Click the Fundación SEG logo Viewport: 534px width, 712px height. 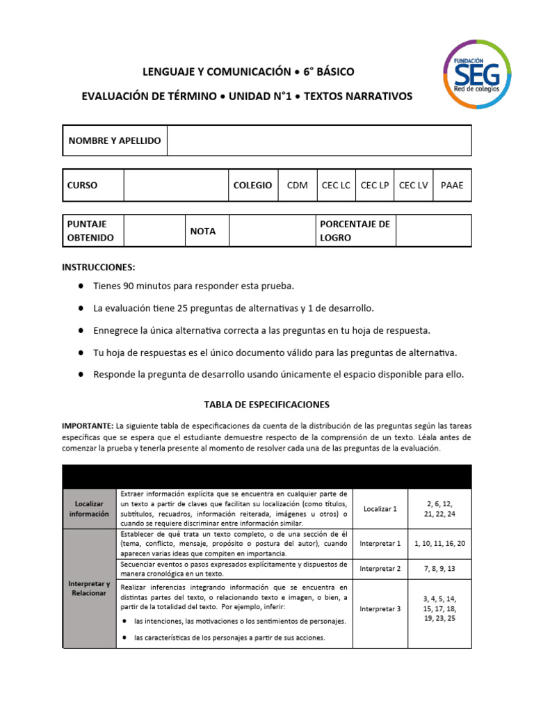pos(477,74)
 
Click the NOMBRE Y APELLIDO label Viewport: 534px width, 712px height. pos(115,140)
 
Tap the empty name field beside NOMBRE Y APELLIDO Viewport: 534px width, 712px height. pos(319,140)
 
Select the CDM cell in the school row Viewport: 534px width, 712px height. pos(297,186)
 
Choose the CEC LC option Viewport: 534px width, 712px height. pos(336,186)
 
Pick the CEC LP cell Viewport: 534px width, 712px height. pos(375,186)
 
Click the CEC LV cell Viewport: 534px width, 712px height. pos(413,186)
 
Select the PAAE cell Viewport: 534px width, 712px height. pos(451,186)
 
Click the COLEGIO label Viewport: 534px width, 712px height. pos(252,186)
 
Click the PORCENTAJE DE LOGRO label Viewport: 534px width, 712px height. pos(355,231)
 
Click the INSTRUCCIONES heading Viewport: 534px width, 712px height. pos(99,268)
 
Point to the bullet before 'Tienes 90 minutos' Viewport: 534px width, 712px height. pos(82,286)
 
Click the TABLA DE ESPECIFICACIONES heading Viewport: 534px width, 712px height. pos(266,404)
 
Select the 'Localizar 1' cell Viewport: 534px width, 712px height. pos(380,509)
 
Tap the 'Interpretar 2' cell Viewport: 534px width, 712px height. pos(380,569)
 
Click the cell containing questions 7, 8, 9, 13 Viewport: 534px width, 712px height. pos(439,569)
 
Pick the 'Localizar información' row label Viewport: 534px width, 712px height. pos(90,509)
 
